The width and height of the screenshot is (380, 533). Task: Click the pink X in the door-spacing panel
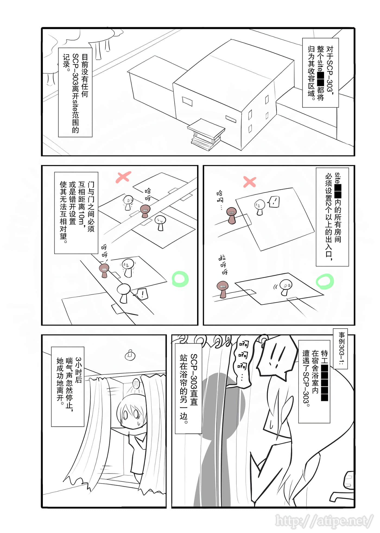pyautogui.click(x=123, y=177)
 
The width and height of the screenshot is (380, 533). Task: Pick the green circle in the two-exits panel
pyautogui.click(x=325, y=281)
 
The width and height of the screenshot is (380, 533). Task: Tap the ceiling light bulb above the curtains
pyautogui.click(x=130, y=355)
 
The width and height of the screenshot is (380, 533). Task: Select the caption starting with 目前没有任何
pyautogui.click(x=75, y=92)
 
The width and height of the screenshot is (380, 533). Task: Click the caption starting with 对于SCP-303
pyautogui.click(x=321, y=73)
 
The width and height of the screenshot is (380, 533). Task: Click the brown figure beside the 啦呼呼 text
pyautogui.click(x=223, y=289)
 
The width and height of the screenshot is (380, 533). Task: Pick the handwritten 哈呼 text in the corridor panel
pyautogui.click(x=148, y=194)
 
